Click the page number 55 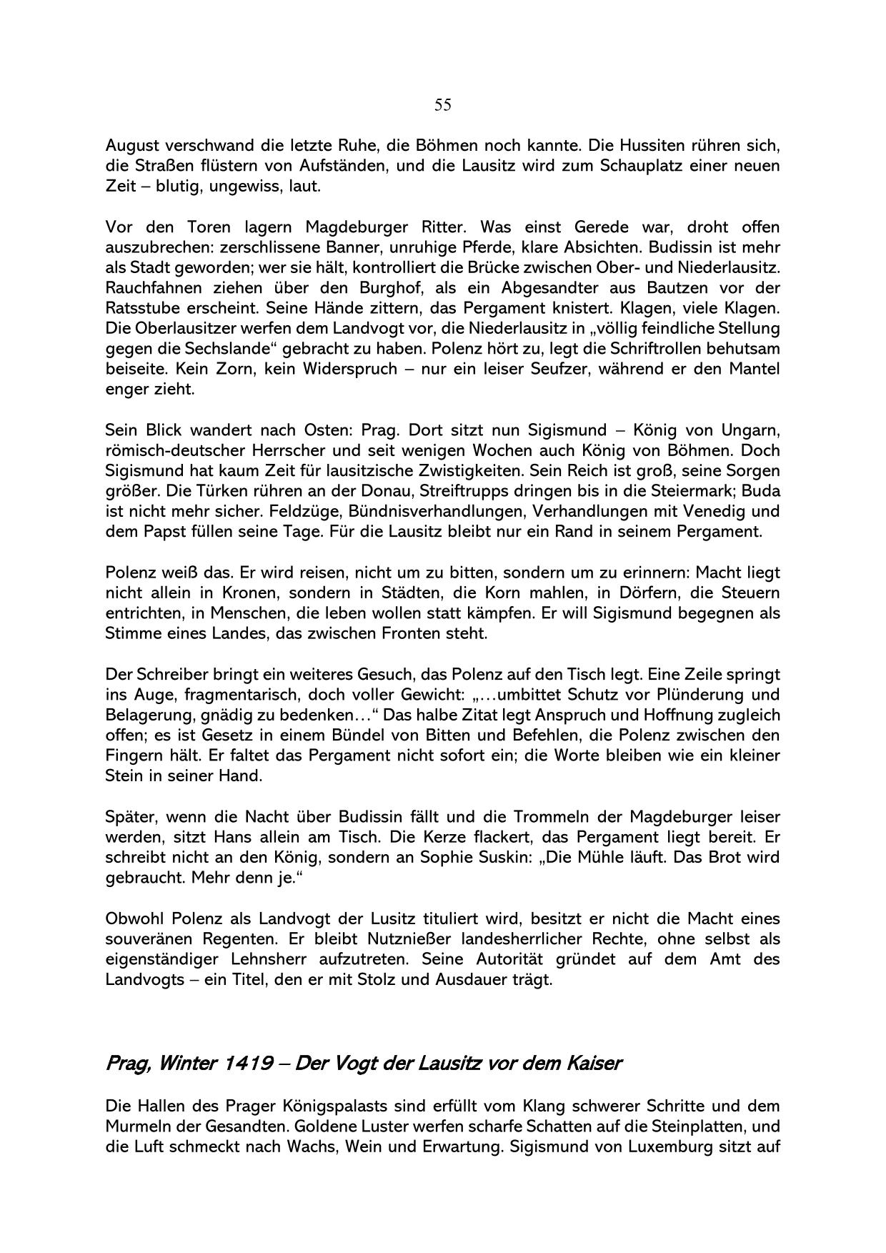442,105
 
